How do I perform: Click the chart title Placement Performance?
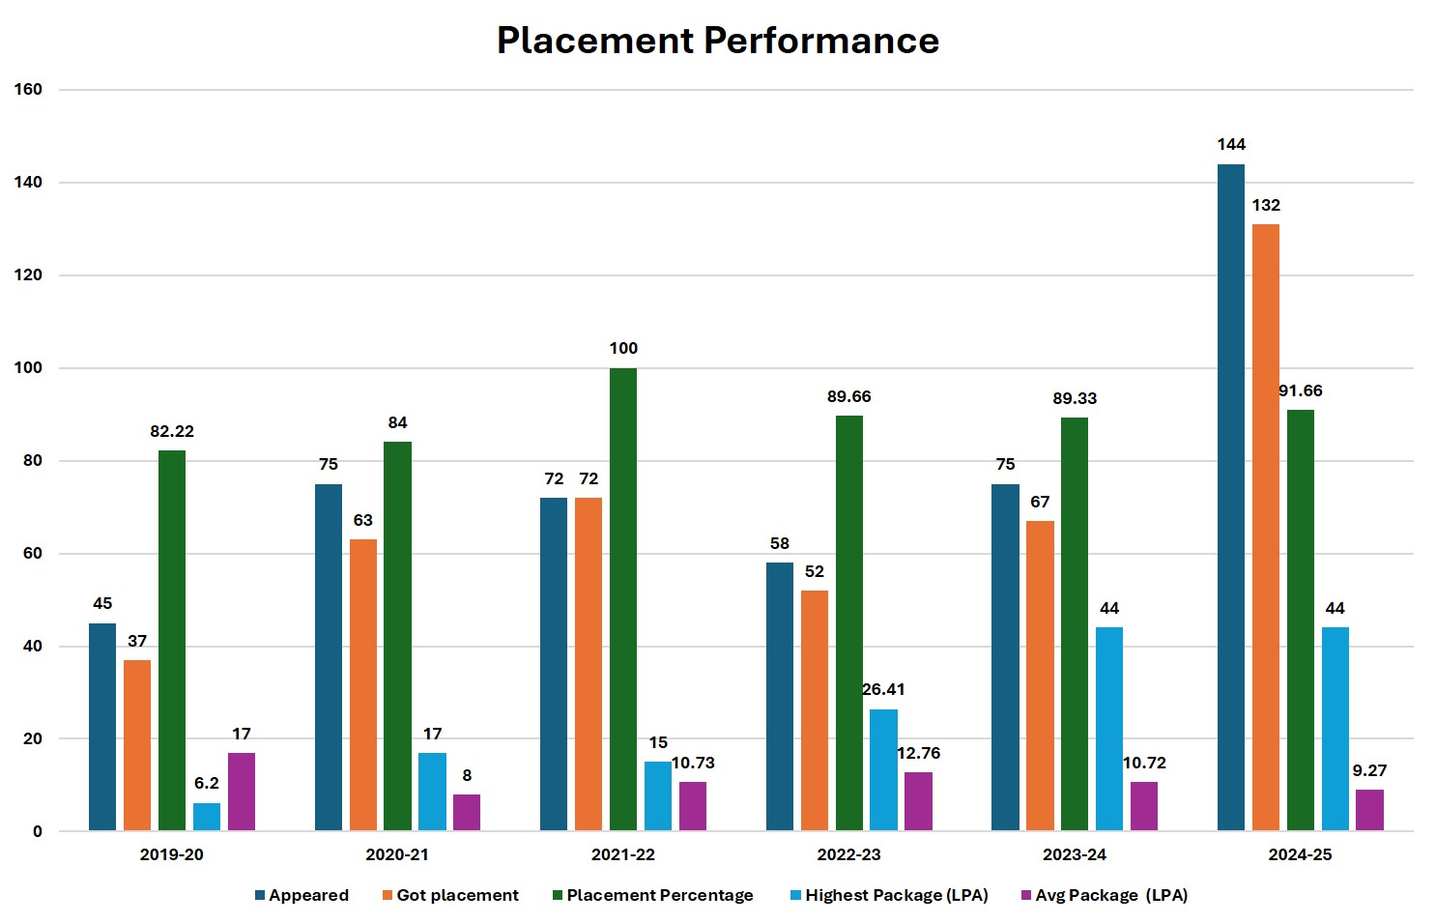click(x=717, y=41)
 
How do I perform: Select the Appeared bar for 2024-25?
click(x=1230, y=498)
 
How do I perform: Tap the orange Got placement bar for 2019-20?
click(x=137, y=745)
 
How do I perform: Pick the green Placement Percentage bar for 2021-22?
click(x=623, y=599)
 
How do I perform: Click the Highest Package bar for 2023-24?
click(x=1109, y=729)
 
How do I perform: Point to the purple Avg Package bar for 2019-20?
click(x=242, y=792)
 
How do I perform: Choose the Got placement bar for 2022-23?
click(x=815, y=710)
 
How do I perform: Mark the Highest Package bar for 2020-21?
click(x=432, y=792)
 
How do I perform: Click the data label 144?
click(x=1231, y=145)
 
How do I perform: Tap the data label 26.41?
click(x=883, y=690)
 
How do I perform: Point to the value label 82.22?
click(x=172, y=432)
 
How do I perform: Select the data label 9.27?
click(x=1369, y=771)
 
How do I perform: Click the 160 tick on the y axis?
click(x=29, y=90)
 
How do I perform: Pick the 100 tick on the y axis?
click(x=29, y=368)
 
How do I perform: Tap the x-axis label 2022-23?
click(x=848, y=855)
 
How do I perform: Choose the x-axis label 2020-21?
click(x=397, y=855)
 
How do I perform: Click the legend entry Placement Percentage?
click(x=659, y=896)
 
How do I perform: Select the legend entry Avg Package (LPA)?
click(x=1110, y=896)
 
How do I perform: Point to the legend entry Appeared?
click(x=308, y=896)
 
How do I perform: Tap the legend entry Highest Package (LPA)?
click(x=896, y=896)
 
